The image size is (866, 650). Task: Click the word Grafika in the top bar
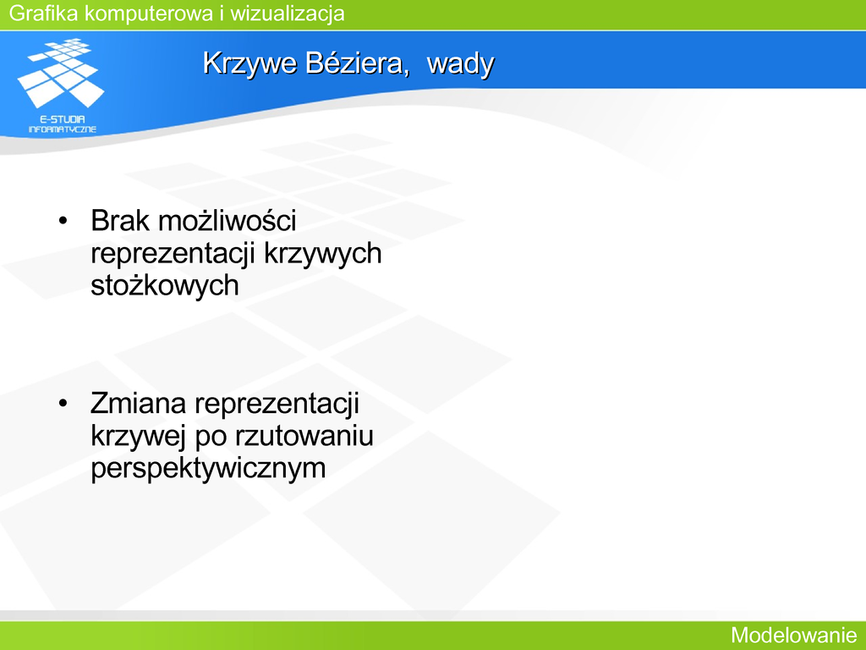click(x=44, y=14)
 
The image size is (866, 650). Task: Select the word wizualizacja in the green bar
click(x=288, y=14)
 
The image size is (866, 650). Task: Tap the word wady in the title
click(x=461, y=63)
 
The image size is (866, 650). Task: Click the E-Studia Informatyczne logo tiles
click(x=61, y=73)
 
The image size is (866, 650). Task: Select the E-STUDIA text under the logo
click(x=63, y=118)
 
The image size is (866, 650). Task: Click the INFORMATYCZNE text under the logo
click(x=63, y=129)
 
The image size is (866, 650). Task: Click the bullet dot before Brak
click(x=63, y=221)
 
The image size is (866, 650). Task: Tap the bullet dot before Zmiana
click(x=63, y=404)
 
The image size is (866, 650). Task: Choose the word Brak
click(x=120, y=221)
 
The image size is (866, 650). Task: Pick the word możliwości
click(x=227, y=221)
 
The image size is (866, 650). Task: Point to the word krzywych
click(x=323, y=254)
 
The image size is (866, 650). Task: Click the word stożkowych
click(x=165, y=286)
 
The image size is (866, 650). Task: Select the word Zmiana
click(x=139, y=403)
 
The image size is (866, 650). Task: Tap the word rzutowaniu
click(x=304, y=436)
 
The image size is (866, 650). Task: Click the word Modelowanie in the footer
click(x=793, y=635)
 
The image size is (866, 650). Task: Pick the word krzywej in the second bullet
click(x=137, y=437)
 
